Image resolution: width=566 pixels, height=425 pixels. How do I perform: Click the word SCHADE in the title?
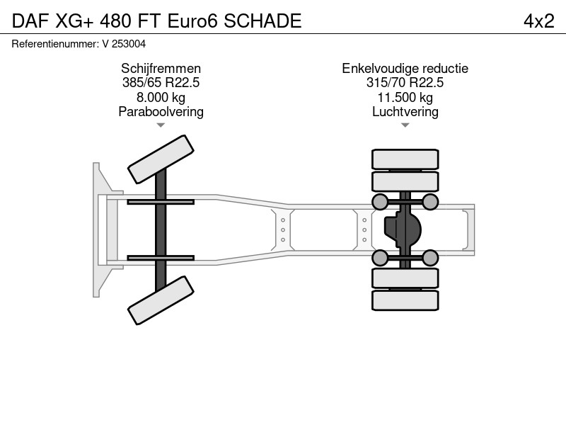click(x=262, y=21)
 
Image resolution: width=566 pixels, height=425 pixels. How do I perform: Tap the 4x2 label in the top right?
click(x=539, y=21)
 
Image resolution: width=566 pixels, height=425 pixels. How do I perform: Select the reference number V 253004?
click(x=125, y=44)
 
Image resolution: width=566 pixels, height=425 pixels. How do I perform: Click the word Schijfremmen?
click(x=161, y=68)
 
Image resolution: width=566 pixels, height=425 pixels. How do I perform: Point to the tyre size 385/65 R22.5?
click(x=161, y=82)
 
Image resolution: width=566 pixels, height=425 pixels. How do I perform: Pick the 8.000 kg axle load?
click(x=161, y=97)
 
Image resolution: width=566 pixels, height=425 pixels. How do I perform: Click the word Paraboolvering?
click(x=161, y=112)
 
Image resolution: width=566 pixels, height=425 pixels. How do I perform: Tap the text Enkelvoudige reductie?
click(x=405, y=68)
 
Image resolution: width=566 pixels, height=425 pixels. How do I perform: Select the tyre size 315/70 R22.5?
click(x=405, y=82)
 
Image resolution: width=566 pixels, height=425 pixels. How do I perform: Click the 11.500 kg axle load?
click(x=405, y=97)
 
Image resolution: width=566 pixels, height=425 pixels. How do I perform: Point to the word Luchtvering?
click(x=405, y=112)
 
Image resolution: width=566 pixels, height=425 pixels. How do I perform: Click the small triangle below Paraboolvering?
click(x=161, y=125)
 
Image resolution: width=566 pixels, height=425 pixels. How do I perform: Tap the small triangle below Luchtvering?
click(x=405, y=125)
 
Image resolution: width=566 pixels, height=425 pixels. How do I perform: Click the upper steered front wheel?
click(x=161, y=159)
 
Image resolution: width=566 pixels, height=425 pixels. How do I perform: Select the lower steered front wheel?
click(x=161, y=300)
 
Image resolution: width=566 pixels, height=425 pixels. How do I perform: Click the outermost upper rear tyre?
click(x=405, y=159)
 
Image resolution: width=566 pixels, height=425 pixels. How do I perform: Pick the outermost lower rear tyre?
click(x=405, y=300)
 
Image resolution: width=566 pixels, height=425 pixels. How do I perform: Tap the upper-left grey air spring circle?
click(x=380, y=202)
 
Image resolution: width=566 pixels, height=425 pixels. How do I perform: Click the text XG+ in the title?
click(x=74, y=21)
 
